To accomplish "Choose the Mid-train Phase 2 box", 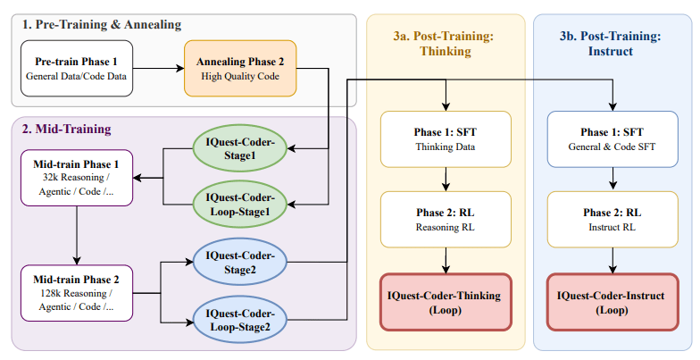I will click(76, 293).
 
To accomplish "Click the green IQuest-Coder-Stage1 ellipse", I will click(238, 147).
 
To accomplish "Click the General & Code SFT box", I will click(612, 139).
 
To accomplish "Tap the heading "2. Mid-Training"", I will click(67, 130).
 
